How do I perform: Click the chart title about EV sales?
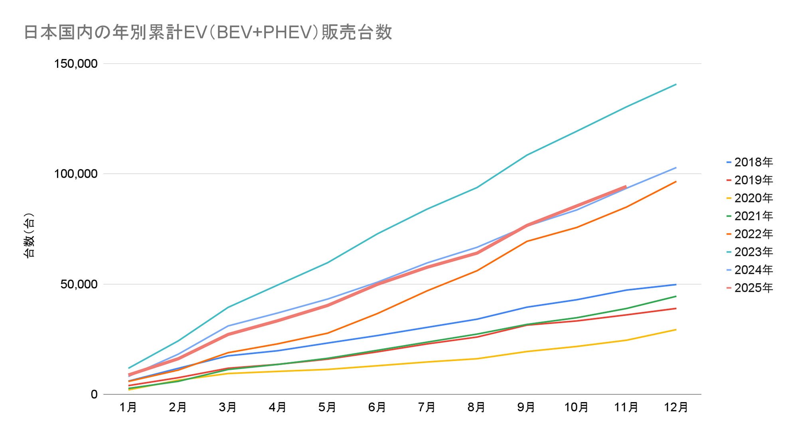coord(208,32)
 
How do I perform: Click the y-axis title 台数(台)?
coord(29,236)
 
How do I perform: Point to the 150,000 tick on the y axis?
coord(76,63)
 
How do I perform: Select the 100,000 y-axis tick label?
coord(76,174)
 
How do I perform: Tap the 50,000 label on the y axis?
coord(79,284)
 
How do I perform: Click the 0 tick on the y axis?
coord(94,394)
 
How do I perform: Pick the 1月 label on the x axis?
coord(128,408)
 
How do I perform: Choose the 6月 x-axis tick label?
coord(377,408)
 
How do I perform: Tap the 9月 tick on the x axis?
coord(526,408)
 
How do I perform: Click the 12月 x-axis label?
coord(676,408)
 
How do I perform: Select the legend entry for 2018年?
coord(750,163)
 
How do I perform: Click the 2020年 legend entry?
coord(750,198)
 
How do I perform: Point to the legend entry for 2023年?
coord(750,252)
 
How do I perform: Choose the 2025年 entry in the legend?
coord(750,288)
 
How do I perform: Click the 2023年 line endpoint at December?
coord(676,84)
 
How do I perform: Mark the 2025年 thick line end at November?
coord(626,186)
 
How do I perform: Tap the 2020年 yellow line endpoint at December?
coord(676,329)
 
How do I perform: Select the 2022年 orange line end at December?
coord(676,182)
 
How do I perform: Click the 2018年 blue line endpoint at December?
coord(676,284)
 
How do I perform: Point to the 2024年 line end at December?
coord(676,168)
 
